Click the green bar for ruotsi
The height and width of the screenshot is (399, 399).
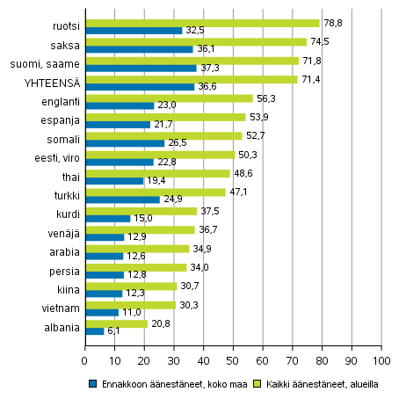[201, 23]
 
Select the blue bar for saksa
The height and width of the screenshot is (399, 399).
[138, 49]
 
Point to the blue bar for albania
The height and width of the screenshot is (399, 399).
[94, 330]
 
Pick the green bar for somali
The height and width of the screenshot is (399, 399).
[163, 135]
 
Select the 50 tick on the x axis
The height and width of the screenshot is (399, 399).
[233, 360]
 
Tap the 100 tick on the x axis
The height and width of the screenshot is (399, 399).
[381, 360]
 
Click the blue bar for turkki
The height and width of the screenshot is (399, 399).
[122, 199]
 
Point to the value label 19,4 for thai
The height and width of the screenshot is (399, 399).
[156, 180]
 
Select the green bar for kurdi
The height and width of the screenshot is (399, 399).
[141, 210]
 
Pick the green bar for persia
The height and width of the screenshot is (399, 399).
[135, 266]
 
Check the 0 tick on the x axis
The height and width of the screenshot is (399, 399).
[85, 360]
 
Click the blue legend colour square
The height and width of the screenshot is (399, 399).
[92, 384]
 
